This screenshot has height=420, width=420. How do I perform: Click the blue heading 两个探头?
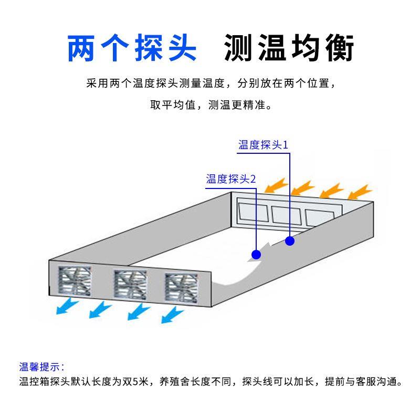pos(132,49)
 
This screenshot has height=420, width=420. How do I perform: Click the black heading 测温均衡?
pos(289,49)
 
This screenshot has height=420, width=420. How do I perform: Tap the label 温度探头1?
pos(264,145)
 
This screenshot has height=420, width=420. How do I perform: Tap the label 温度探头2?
pos(230,179)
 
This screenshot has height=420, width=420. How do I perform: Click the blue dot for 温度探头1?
pos(290,241)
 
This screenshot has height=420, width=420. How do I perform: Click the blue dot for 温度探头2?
pos(256,255)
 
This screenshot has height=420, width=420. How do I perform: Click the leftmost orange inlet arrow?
pos(276,186)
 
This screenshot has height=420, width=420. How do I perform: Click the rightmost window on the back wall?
pos(321,217)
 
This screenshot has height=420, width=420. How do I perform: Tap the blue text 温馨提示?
pos(41,367)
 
